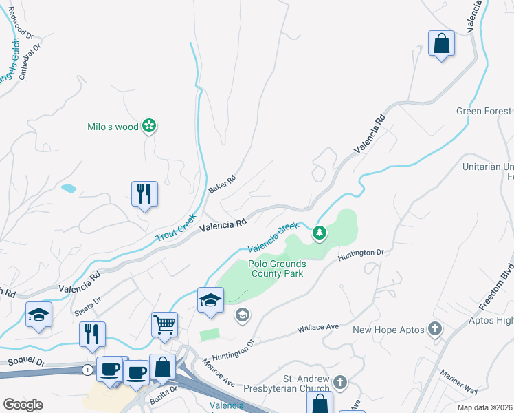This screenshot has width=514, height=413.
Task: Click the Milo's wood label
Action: tap(113, 127)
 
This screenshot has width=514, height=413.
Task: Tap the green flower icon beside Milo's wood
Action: tap(149, 126)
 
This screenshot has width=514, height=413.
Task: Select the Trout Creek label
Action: tap(176, 227)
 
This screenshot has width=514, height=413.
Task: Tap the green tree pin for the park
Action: tap(319, 234)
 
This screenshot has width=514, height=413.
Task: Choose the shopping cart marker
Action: tap(164, 323)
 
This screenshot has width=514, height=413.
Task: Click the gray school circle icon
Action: tap(242, 316)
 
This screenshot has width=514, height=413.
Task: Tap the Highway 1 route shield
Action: tap(87, 370)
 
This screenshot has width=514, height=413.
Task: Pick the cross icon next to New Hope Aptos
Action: tap(434, 330)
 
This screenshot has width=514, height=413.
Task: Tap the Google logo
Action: tap(23, 404)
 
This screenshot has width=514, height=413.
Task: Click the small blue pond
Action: tap(69, 187)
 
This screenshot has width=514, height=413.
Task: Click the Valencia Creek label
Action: tap(273, 237)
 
